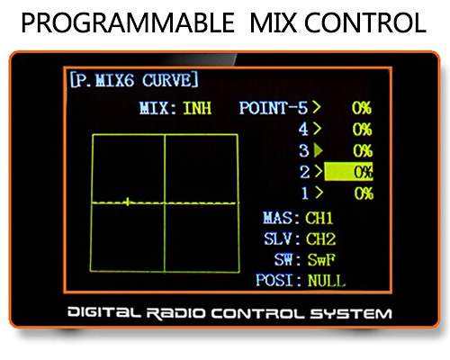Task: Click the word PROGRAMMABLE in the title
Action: tap(128, 22)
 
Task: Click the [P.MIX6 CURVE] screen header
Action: tap(134, 80)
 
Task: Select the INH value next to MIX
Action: tap(197, 108)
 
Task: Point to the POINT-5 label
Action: tap(274, 108)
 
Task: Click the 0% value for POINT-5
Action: tap(362, 108)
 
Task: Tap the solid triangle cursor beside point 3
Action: tap(318, 150)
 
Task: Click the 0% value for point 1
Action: tap(364, 193)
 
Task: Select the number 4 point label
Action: tap(303, 130)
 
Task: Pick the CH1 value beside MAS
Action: tap(319, 218)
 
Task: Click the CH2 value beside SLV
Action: tap(320, 238)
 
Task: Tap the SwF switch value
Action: tap(321, 260)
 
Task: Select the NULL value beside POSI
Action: tap(327, 281)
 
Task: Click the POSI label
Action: tap(274, 280)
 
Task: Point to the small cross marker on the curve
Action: tap(128, 202)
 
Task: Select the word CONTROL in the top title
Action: tap(365, 22)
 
